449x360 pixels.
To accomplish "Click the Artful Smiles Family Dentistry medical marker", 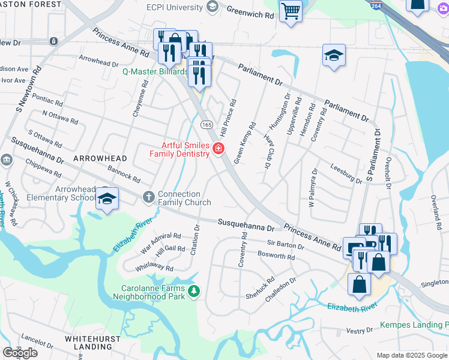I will click(x=218, y=149).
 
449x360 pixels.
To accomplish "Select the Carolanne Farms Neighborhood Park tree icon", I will click(x=193, y=292).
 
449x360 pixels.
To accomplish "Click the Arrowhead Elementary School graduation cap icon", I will click(x=106, y=199).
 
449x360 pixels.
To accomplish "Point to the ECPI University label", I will click(x=173, y=7).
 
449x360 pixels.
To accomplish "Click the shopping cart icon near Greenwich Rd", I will click(x=291, y=10).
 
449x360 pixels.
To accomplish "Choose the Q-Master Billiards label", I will click(x=155, y=71).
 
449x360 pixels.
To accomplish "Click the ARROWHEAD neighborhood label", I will click(x=100, y=158).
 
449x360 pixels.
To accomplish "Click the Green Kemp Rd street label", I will click(x=245, y=143).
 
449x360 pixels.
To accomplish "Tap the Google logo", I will click(x=20, y=353).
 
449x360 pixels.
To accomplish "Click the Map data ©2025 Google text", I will click(x=412, y=355).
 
